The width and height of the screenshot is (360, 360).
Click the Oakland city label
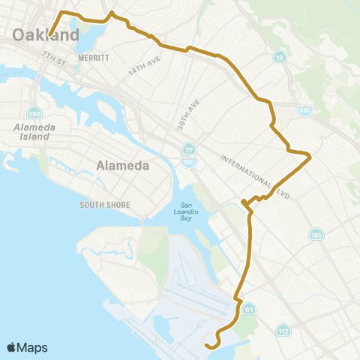[x=45, y=35]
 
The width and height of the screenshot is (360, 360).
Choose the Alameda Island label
[x=31, y=132]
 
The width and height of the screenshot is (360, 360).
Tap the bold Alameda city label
[x=123, y=165]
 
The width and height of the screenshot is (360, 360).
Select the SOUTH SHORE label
[x=106, y=205]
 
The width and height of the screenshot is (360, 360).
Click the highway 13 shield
[x=278, y=57]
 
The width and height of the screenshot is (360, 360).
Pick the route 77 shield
[x=187, y=150]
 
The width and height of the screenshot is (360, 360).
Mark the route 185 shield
[x=316, y=235]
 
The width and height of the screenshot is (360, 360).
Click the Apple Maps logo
[x=27, y=347]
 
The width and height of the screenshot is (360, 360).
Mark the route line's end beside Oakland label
[x=50, y=34]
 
